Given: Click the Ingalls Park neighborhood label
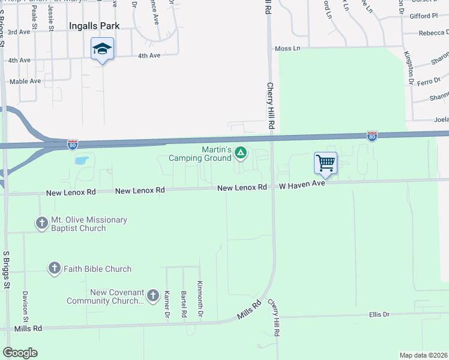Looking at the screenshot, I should (x=94, y=26).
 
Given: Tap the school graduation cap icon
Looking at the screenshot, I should (x=103, y=48).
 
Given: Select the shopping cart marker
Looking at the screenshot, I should (x=325, y=163).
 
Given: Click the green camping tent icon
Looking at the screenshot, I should (x=240, y=153).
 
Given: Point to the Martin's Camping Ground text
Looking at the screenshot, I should (x=207, y=153).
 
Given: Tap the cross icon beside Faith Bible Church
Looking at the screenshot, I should (x=55, y=268).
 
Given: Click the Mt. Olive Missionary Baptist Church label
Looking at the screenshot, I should (x=81, y=224).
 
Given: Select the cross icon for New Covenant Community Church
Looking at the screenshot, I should (x=152, y=296).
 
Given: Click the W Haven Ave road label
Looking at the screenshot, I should (x=302, y=187).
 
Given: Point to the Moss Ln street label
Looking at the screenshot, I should (x=286, y=48).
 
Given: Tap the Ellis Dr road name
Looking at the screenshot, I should (x=379, y=314).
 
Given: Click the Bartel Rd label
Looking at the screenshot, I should (x=184, y=304).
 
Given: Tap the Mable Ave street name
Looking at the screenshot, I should (x=25, y=81).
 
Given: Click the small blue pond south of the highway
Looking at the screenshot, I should (x=82, y=161).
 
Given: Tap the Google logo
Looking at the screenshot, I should (x=20, y=353).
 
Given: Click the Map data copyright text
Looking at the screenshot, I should (x=423, y=355).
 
